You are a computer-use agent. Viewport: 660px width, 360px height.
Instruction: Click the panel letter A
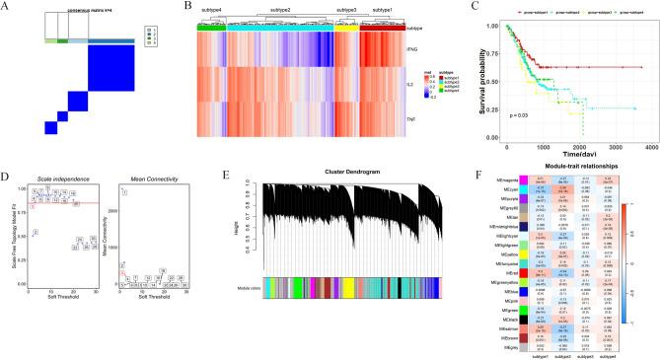pos(7,8)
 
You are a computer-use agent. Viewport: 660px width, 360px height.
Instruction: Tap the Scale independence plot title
pos(54,180)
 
